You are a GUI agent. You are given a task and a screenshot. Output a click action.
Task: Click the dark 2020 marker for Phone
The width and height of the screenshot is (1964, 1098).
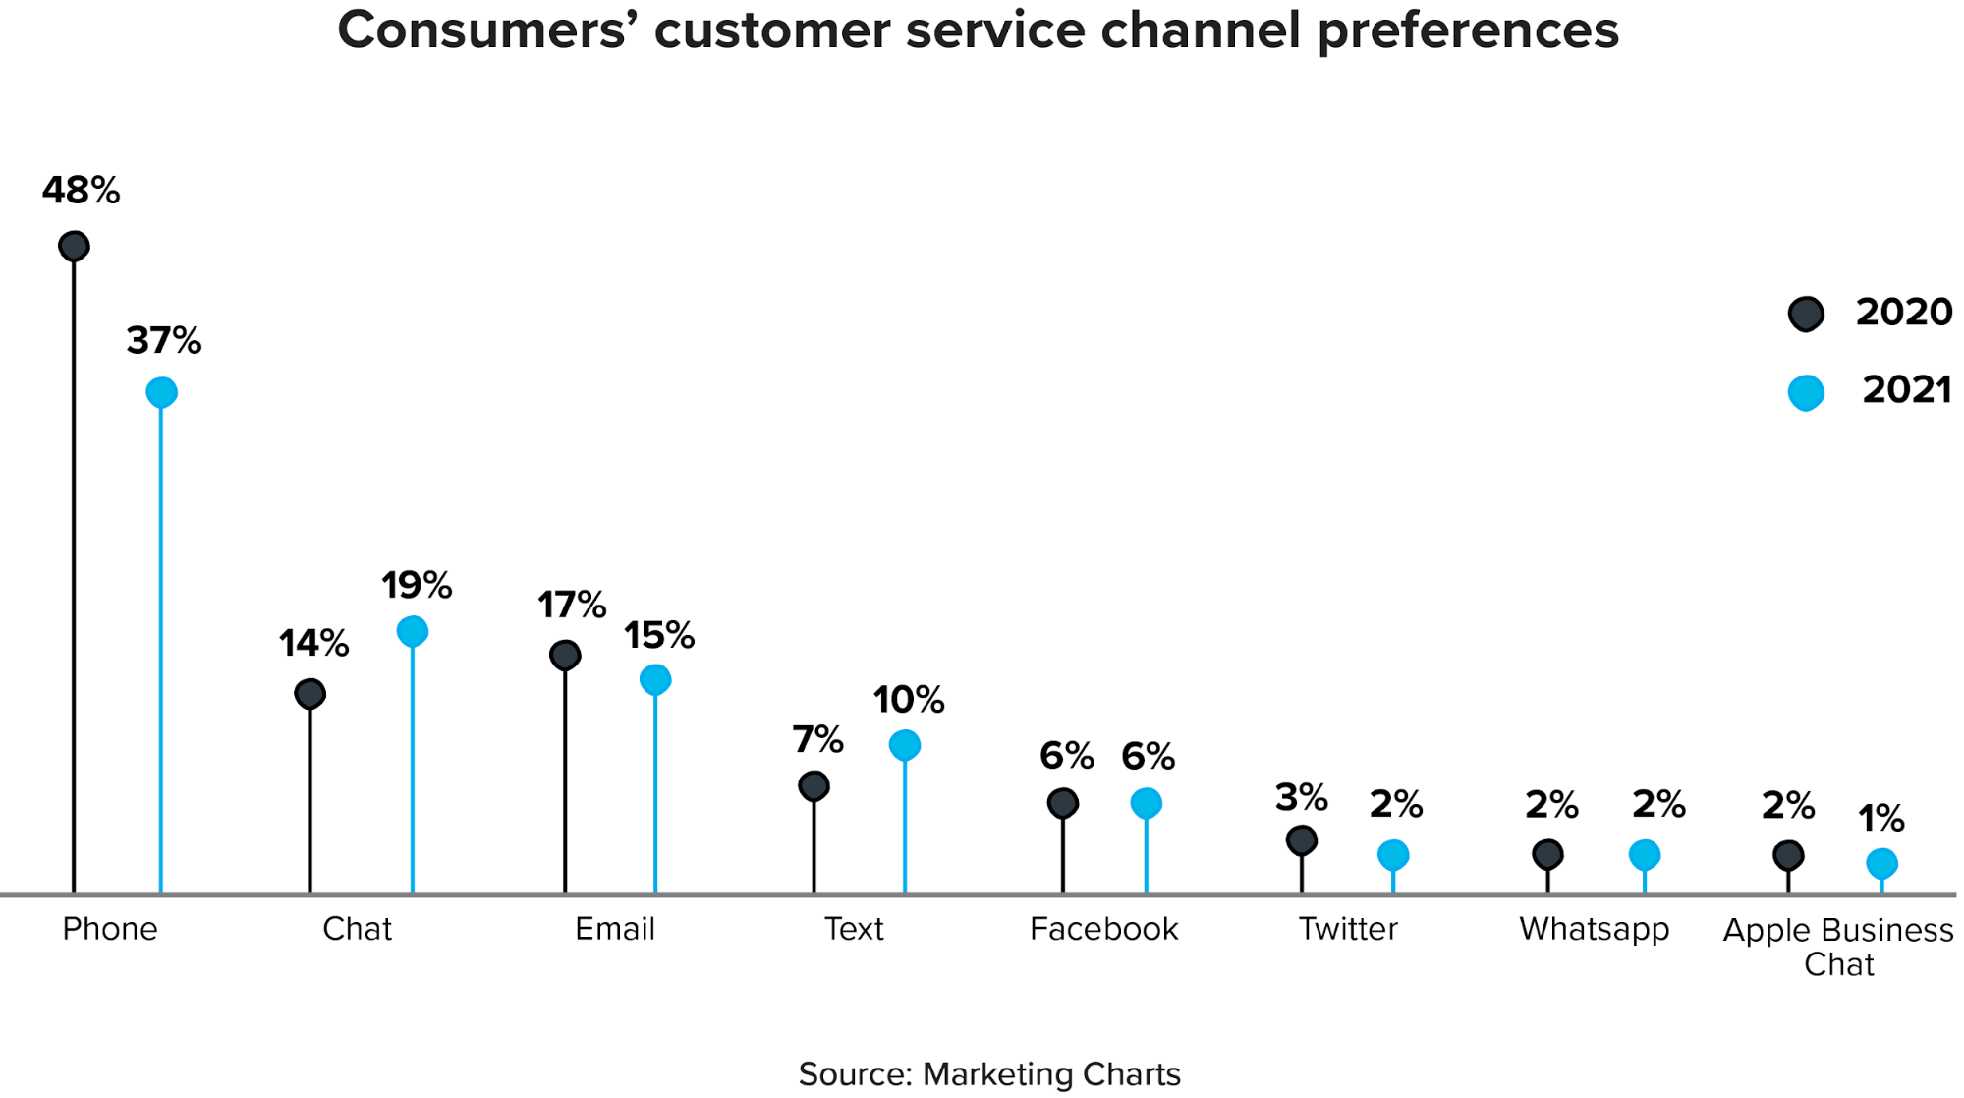click(74, 246)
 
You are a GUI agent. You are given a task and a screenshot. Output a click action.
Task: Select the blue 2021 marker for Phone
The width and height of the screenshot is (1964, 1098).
click(161, 392)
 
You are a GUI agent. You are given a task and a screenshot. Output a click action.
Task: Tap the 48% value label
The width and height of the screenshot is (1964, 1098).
click(81, 191)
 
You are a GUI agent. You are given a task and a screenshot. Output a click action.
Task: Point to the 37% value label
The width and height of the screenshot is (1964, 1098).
click(164, 341)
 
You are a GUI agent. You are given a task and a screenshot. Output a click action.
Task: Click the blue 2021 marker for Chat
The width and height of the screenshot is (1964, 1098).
click(413, 631)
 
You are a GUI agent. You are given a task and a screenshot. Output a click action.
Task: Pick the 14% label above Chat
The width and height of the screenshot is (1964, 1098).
click(313, 644)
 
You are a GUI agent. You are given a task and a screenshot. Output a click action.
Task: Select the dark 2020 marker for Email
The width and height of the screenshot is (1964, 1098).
click(565, 655)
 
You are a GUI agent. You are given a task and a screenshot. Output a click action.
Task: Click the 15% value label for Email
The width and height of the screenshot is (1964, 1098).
click(659, 636)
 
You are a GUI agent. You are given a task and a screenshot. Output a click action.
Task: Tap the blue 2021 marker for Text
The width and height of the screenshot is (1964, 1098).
click(905, 745)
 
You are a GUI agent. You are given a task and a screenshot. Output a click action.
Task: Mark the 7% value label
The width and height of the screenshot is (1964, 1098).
click(817, 739)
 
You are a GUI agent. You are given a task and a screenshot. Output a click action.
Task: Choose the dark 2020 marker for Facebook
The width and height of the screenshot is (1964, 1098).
click(1063, 803)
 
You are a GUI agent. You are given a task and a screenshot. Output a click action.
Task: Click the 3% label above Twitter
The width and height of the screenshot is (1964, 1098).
click(1301, 797)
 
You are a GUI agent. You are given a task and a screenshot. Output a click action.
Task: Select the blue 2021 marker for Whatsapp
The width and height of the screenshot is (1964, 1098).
click(1645, 855)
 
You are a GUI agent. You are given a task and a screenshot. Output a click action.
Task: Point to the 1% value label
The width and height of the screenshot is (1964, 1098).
click(1880, 818)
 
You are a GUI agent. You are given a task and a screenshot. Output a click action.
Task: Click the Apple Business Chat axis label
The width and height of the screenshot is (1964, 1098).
click(1838, 947)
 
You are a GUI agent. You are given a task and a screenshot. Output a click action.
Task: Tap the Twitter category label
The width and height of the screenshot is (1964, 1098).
click(1348, 929)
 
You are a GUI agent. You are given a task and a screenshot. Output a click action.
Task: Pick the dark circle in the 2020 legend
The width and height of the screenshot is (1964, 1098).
click(1806, 315)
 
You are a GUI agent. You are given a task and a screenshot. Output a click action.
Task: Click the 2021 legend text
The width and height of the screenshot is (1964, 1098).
click(1906, 390)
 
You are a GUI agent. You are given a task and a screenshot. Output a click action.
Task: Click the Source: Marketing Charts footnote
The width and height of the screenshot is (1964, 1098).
click(989, 1074)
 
